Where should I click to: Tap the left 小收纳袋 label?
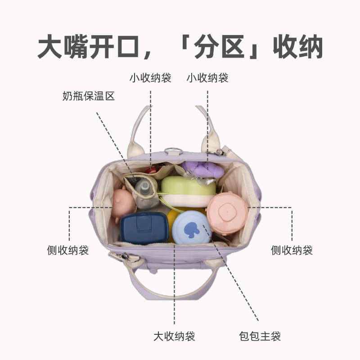(151, 78)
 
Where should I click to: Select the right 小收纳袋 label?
(207, 78)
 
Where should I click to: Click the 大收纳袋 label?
(174, 336)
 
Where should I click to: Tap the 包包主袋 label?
(260, 336)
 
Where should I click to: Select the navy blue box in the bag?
(143, 227)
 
